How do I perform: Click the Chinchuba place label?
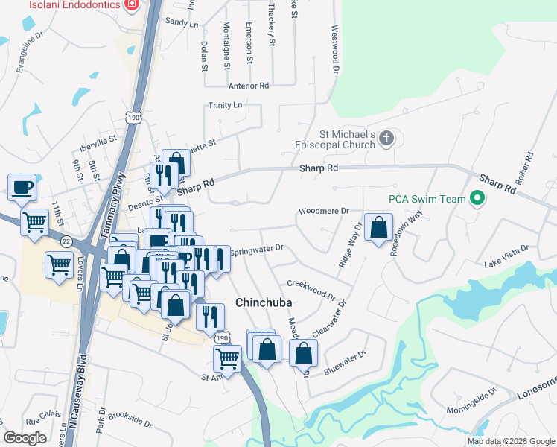tap(262, 303)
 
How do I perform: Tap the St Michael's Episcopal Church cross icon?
tap(386, 138)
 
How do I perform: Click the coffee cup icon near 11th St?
tap(22, 186)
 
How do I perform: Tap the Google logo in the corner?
tap(25, 438)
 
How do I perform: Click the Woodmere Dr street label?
tap(324, 212)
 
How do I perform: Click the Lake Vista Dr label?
tap(506, 256)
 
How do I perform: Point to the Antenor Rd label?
tap(249, 86)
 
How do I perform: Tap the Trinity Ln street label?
tap(226, 106)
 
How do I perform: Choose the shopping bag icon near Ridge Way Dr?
tap(379, 228)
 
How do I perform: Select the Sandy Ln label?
tap(182, 23)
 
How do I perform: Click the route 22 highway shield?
tap(66, 241)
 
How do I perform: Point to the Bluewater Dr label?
tap(346, 362)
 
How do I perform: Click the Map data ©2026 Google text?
tap(510, 441)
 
